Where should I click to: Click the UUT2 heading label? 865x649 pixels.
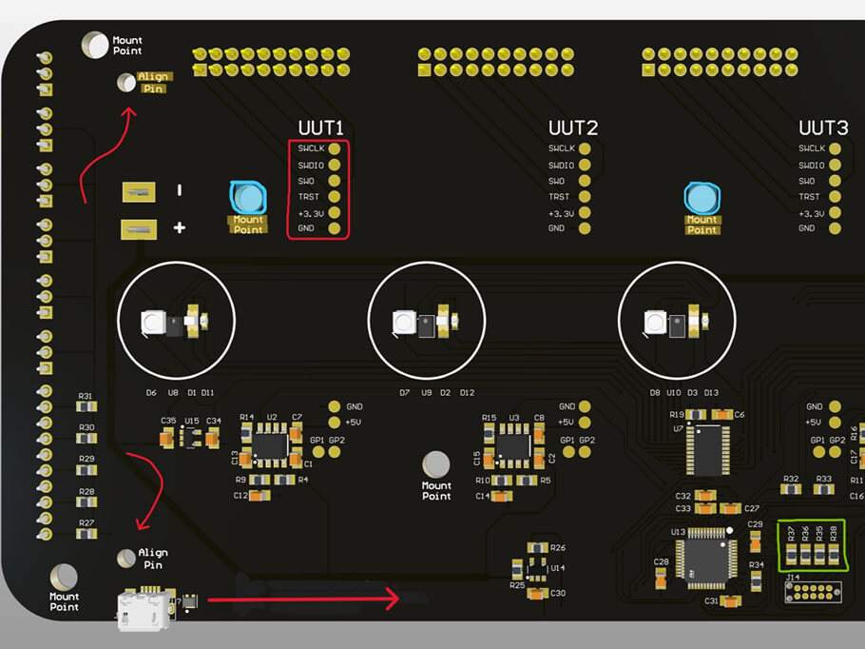[x=572, y=128]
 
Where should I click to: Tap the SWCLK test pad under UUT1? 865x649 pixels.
[x=334, y=148]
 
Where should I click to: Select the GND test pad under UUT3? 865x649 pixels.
[x=835, y=228]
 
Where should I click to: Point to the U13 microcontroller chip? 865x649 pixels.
[x=704, y=557]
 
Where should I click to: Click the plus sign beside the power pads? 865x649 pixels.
[x=179, y=227]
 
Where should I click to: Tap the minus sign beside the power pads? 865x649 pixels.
[x=179, y=191]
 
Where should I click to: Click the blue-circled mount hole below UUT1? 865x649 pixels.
[x=248, y=197]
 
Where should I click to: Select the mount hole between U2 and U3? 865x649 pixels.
[x=436, y=464]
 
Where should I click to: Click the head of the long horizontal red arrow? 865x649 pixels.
[x=394, y=599]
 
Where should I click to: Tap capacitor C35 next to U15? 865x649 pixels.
[x=168, y=437]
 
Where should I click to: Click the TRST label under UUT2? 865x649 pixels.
[x=559, y=197]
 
